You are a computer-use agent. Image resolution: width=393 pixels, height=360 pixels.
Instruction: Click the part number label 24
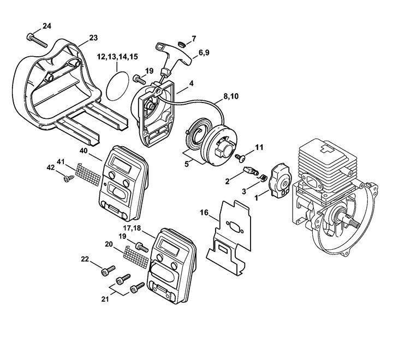click(47, 26)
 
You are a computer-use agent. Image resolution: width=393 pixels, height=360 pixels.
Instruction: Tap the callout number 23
click(93, 37)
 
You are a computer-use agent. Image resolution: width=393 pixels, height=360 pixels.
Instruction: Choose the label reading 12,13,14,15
click(117, 56)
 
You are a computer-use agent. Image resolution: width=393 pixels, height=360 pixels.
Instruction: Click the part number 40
click(83, 150)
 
